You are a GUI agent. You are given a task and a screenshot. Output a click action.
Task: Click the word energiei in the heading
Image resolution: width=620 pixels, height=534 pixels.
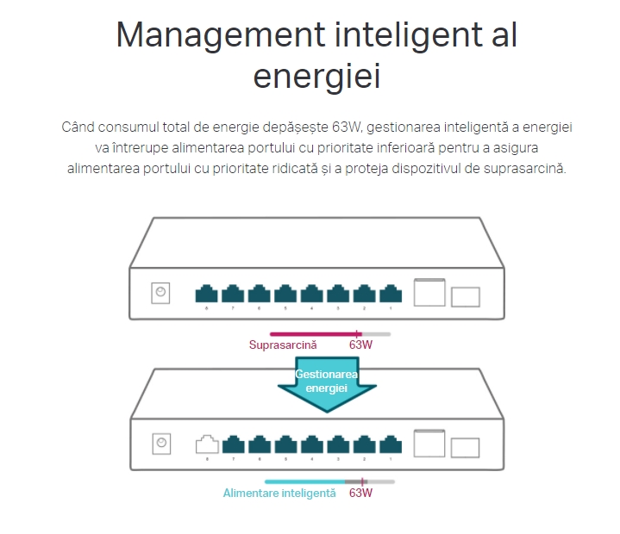pos(316,77)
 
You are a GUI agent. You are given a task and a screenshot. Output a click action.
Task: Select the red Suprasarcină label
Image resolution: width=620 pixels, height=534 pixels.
pos(283,345)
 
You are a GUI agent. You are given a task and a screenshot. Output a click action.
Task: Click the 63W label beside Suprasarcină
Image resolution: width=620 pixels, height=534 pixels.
pos(360,345)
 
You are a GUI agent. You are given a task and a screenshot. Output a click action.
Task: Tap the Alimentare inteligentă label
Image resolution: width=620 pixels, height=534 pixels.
pos(279,494)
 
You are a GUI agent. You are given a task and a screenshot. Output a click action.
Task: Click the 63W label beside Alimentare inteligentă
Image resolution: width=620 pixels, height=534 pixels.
pos(360,494)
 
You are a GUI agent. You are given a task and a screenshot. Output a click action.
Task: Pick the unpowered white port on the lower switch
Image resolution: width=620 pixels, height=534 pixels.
pos(207,444)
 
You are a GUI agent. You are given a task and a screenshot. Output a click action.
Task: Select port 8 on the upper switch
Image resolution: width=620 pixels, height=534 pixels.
pos(207,293)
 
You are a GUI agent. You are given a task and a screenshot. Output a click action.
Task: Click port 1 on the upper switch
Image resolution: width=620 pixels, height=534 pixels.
pos(391,293)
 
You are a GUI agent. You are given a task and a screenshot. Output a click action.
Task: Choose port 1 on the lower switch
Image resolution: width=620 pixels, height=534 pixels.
pos(391,444)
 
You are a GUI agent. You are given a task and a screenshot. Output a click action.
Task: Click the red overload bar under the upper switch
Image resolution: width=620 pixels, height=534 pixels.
pos(314,333)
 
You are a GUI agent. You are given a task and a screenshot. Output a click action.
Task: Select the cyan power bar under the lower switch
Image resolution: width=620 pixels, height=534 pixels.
pos(304,481)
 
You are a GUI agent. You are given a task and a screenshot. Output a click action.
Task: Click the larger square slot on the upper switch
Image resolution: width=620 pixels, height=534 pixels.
pos(429,292)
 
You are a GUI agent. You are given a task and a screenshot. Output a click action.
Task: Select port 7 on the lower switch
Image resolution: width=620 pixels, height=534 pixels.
pos(233,444)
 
